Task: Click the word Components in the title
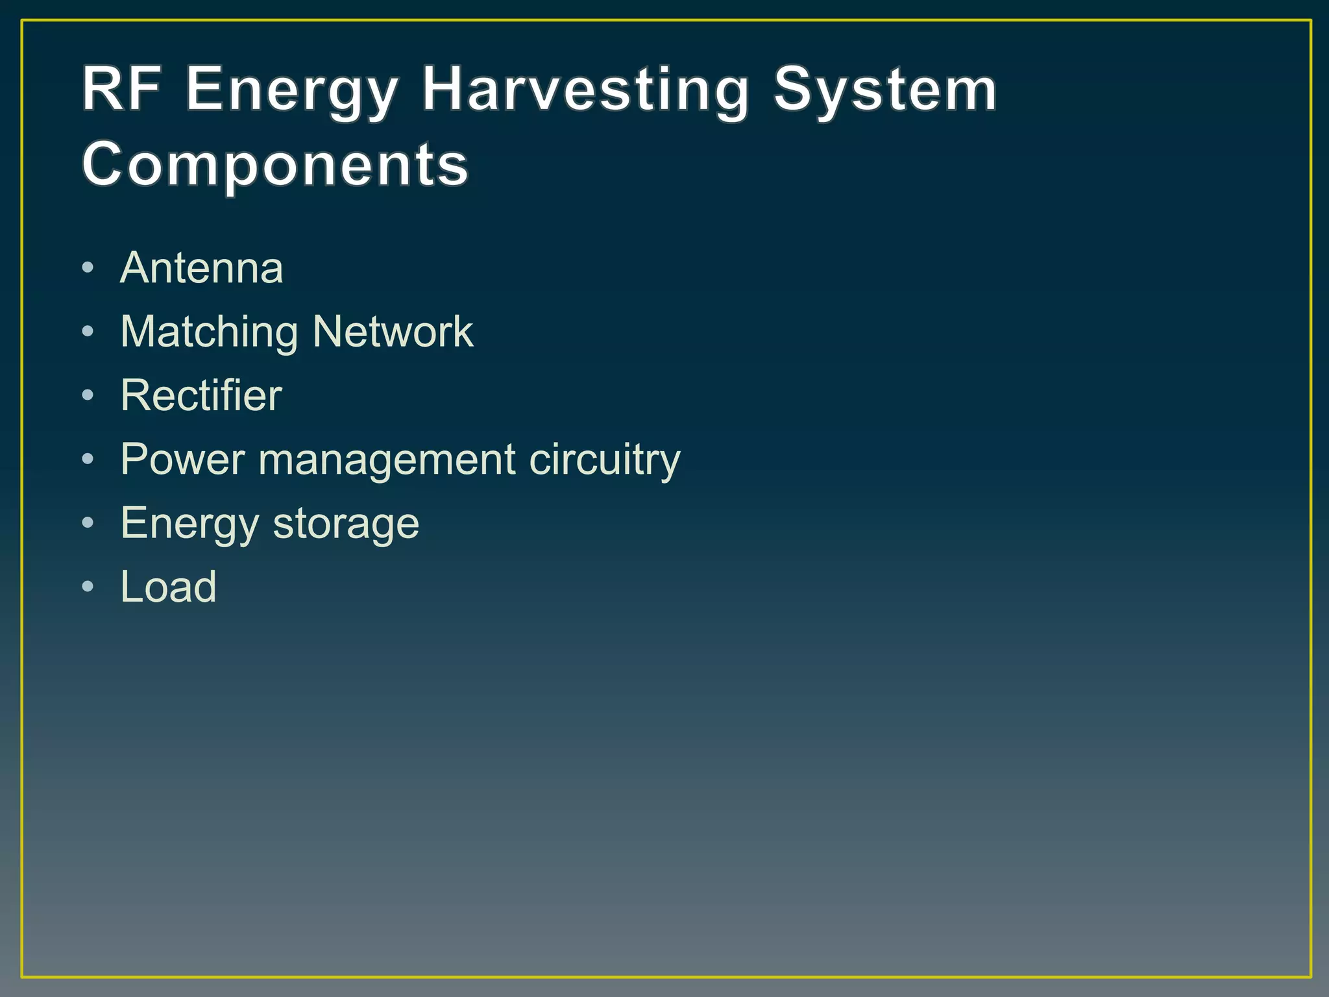coord(275,165)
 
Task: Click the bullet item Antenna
coord(202,267)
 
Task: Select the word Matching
coord(209,332)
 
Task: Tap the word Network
coord(393,332)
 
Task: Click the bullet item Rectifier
coord(201,395)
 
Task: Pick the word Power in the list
coord(182,460)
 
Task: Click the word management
coord(387,460)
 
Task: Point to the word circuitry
coord(604,460)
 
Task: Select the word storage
coord(346,523)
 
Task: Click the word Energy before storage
coord(189,523)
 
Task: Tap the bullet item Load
coord(168,587)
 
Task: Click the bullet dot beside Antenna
coord(88,267)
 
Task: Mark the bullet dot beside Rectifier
coord(88,395)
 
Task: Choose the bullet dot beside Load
coord(88,587)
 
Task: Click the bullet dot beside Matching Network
coord(88,332)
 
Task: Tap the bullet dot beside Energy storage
coord(88,523)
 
